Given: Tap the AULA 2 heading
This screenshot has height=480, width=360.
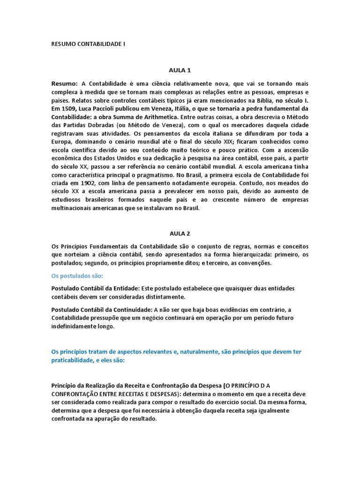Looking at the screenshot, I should pyautogui.click(x=180, y=232).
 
